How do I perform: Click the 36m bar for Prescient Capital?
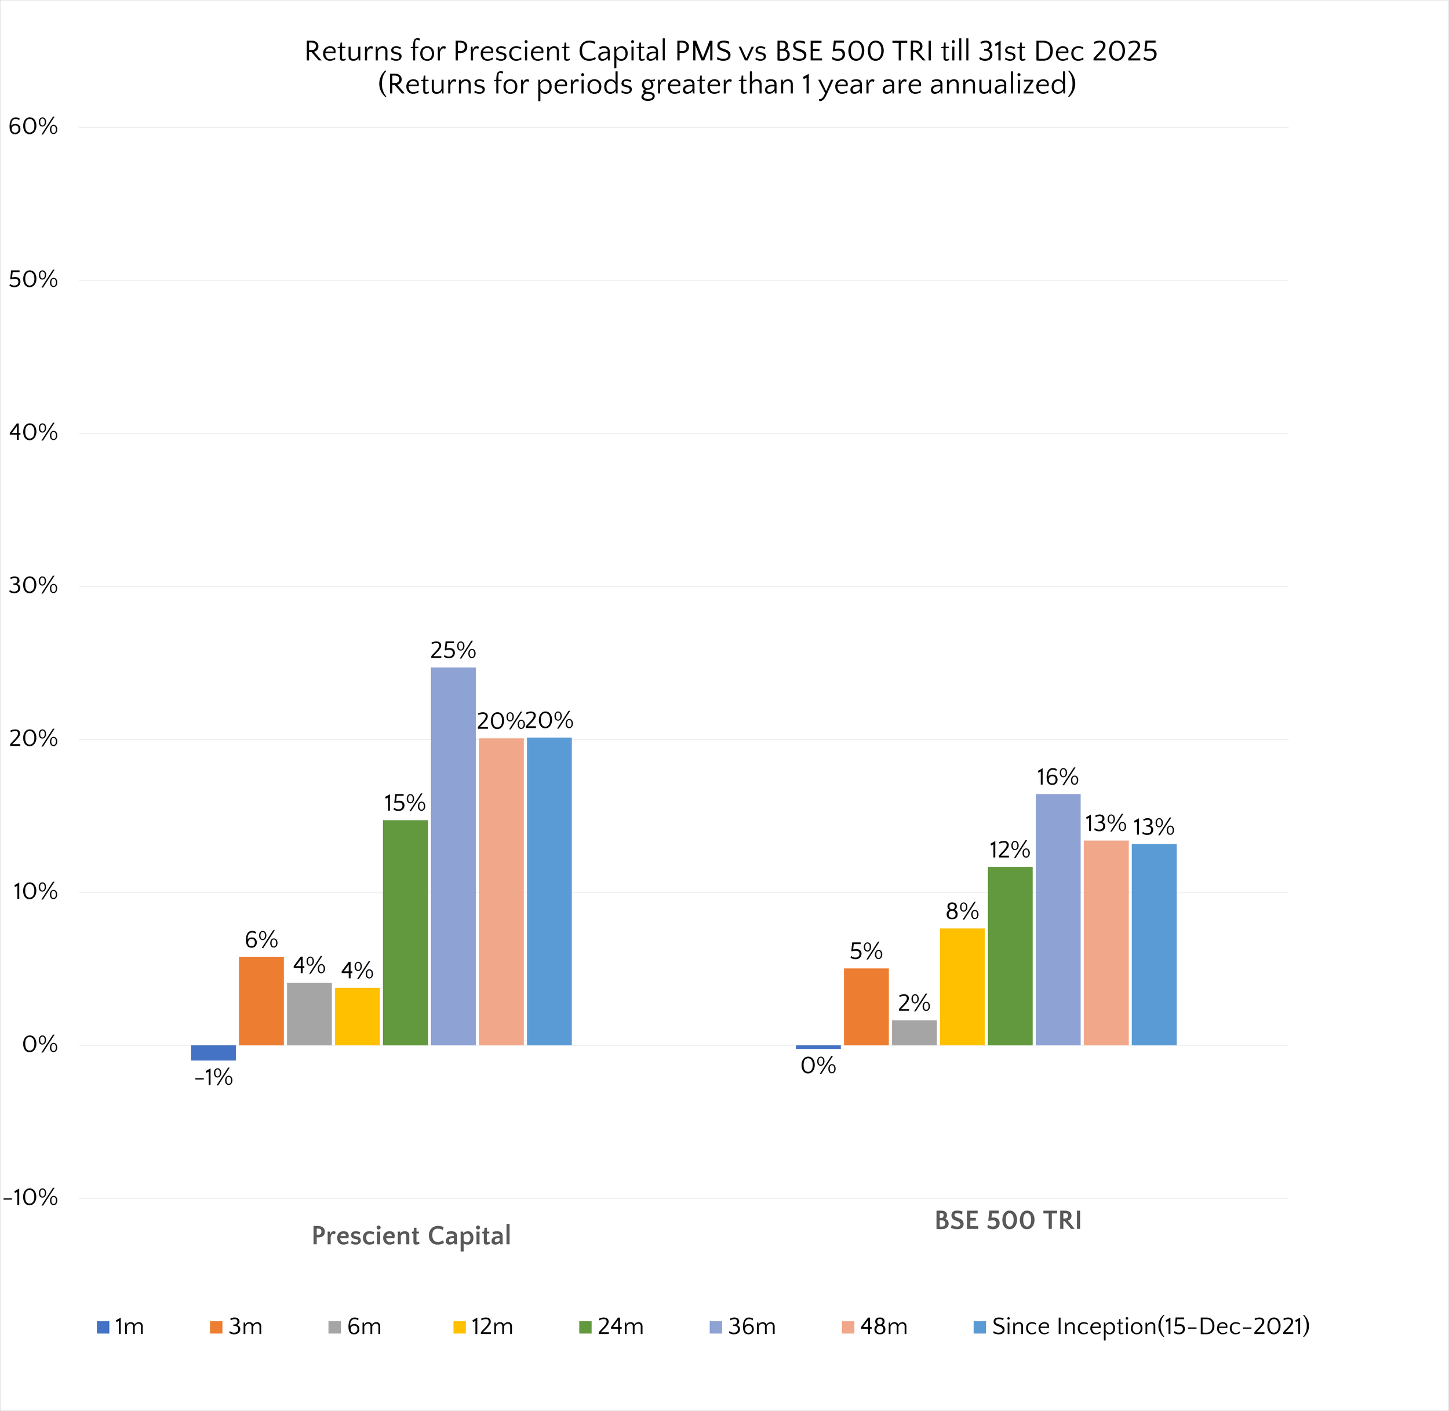click(x=453, y=856)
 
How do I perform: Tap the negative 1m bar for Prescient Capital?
click(x=213, y=1052)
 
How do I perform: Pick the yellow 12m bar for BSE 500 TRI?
click(x=962, y=986)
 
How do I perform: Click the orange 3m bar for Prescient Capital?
click(x=261, y=1000)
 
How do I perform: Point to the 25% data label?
click(x=453, y=651)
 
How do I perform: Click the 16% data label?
click(x=1057, y=778)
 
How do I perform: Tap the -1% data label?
click(x=213, y=1078)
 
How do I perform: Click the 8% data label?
click(x=962, y=912)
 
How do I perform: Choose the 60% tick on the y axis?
click(x=32, y=127)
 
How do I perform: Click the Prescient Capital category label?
click(x=410, y=1236)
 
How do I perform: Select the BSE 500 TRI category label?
click(x=1007, y=1220)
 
